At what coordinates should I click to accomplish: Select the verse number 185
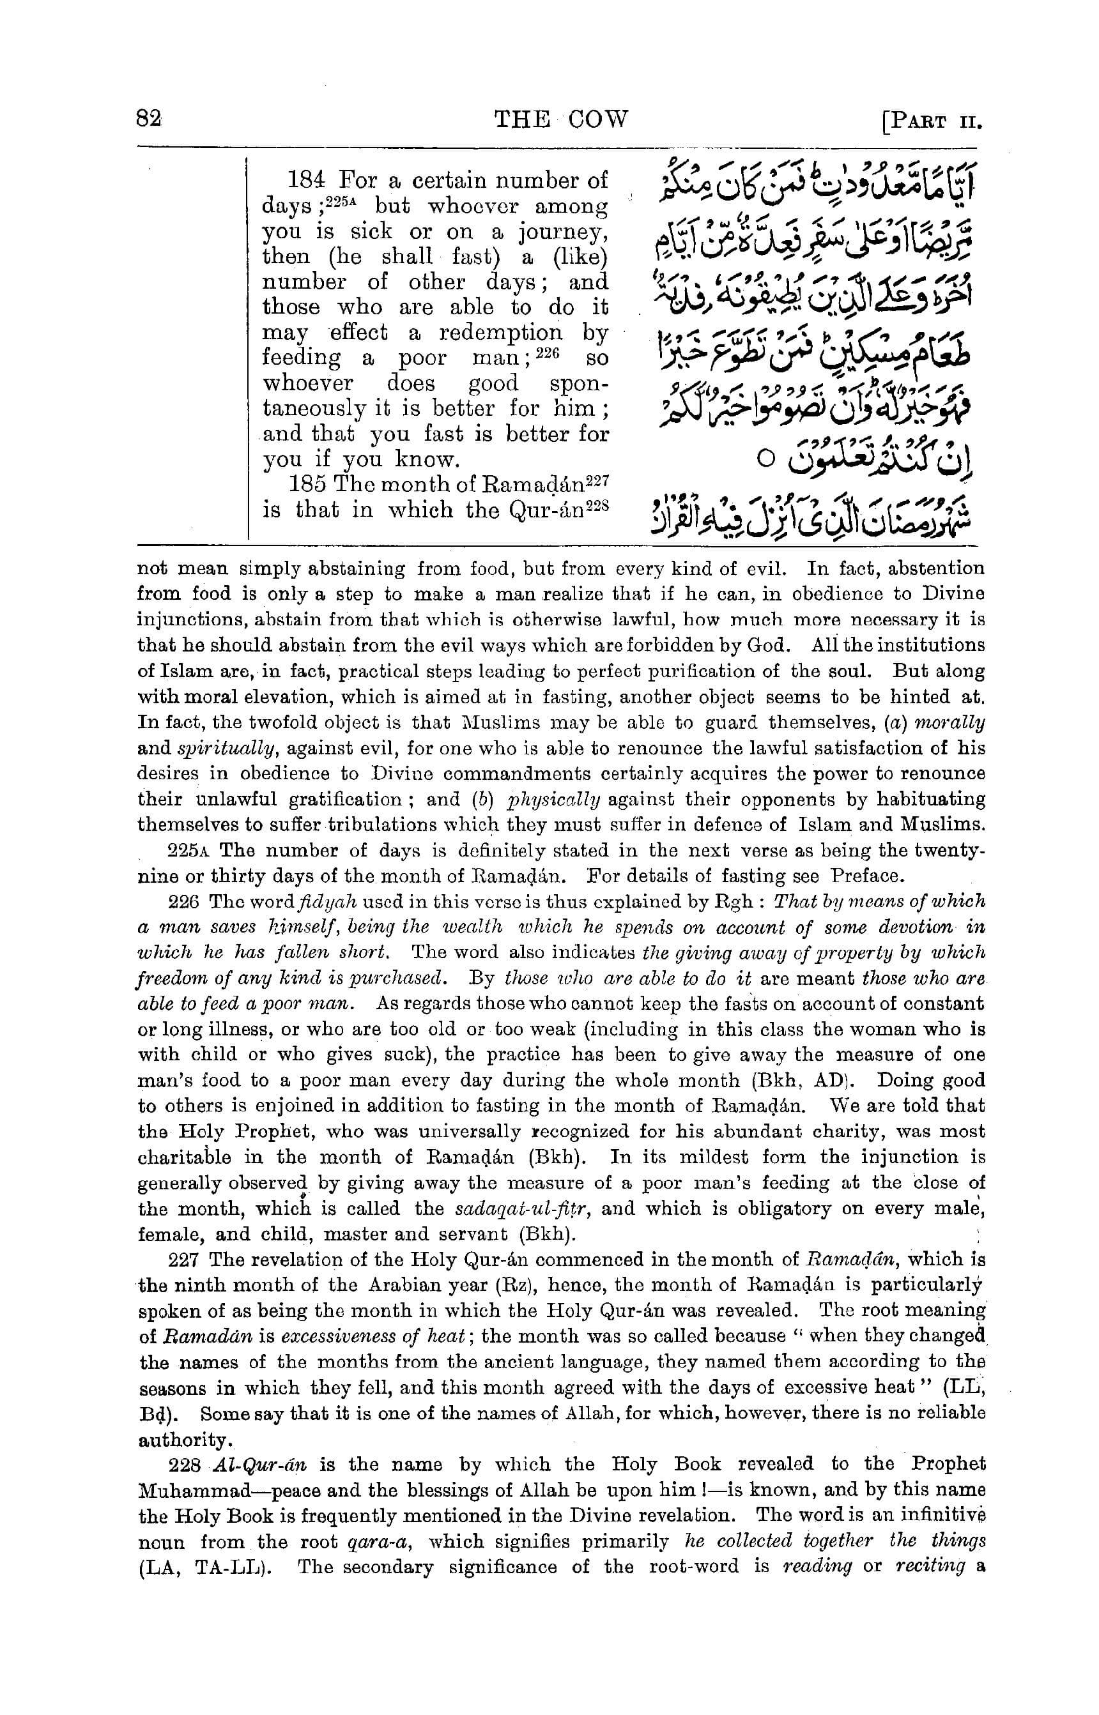(x=307, y=484)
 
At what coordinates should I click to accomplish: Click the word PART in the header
(x=916, y=121)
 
